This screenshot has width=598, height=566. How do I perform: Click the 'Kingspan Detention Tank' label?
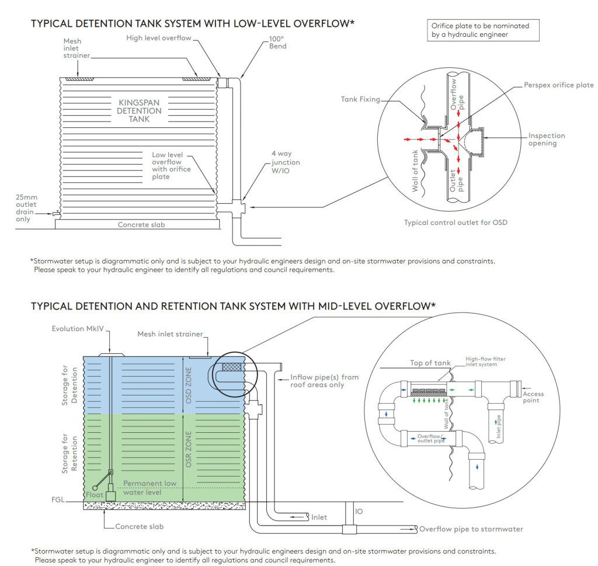coord(140,110)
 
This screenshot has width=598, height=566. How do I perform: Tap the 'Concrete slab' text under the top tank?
coord(141,224)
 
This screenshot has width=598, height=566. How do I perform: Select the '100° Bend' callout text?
coord(277,43)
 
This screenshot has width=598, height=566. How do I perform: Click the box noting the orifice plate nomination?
coord(484,30)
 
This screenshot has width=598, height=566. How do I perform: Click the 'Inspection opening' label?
coord(547,139)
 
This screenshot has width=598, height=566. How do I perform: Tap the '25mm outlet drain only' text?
coord(26,208)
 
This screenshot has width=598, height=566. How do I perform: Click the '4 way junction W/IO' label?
coord(285,162)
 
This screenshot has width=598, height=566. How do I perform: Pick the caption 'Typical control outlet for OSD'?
coord(458,223)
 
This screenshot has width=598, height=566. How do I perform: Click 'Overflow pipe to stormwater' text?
coord(471,529)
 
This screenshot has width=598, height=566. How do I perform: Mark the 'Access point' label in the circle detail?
coord(533,397)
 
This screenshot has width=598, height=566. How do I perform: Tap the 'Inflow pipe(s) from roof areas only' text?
coord(324,381)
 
